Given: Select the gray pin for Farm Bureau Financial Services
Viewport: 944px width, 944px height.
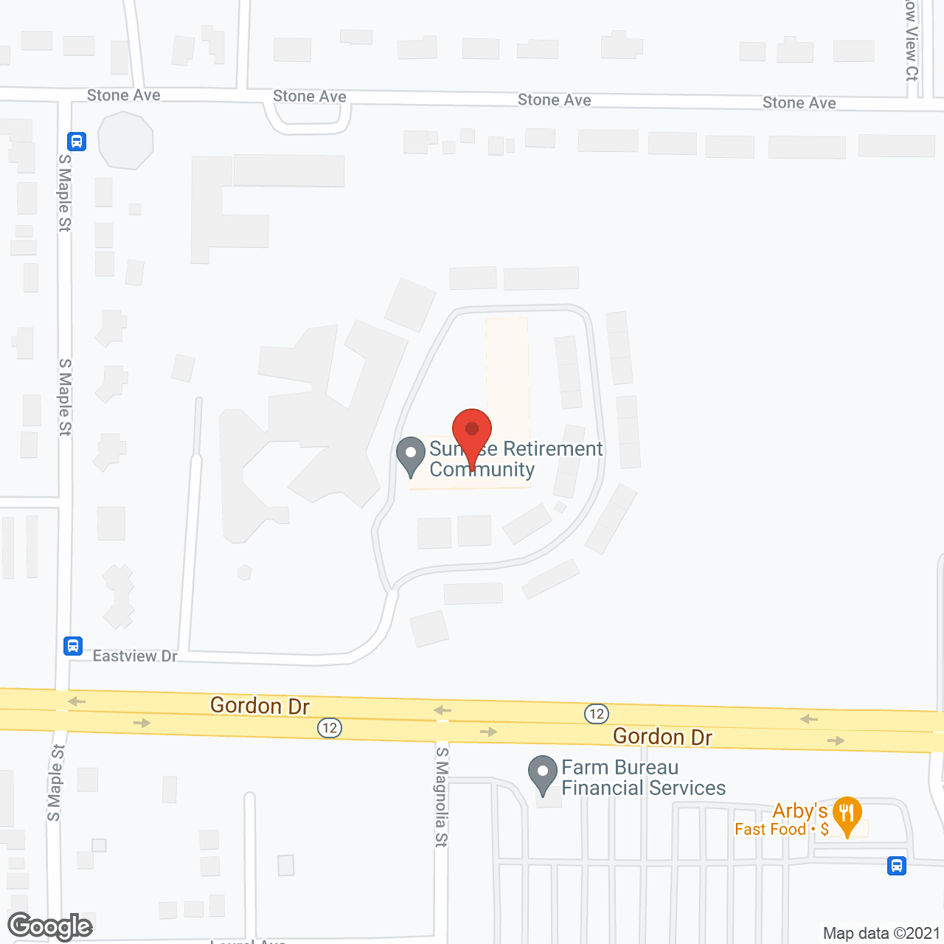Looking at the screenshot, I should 543,774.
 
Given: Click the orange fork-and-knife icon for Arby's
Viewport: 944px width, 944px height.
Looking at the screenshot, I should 847,814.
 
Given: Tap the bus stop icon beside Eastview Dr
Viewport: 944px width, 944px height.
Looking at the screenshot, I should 72,646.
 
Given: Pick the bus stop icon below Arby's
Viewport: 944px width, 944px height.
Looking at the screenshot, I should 897,865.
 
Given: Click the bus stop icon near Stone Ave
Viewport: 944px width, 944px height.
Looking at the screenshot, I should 77,141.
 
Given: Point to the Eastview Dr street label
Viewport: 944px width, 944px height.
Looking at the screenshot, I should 135,656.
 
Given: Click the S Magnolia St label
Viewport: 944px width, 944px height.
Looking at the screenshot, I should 441,796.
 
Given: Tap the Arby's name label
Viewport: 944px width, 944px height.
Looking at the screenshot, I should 799,811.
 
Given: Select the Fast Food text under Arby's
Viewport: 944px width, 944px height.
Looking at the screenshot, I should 770,830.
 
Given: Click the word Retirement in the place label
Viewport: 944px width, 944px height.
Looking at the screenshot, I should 553,448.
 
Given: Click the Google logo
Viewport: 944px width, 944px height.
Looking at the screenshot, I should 50,926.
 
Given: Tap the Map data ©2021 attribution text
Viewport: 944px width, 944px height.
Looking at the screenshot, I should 881,933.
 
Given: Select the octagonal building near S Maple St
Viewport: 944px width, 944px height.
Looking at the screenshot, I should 125,140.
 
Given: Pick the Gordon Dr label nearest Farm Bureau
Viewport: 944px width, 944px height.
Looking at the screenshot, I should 662,736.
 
